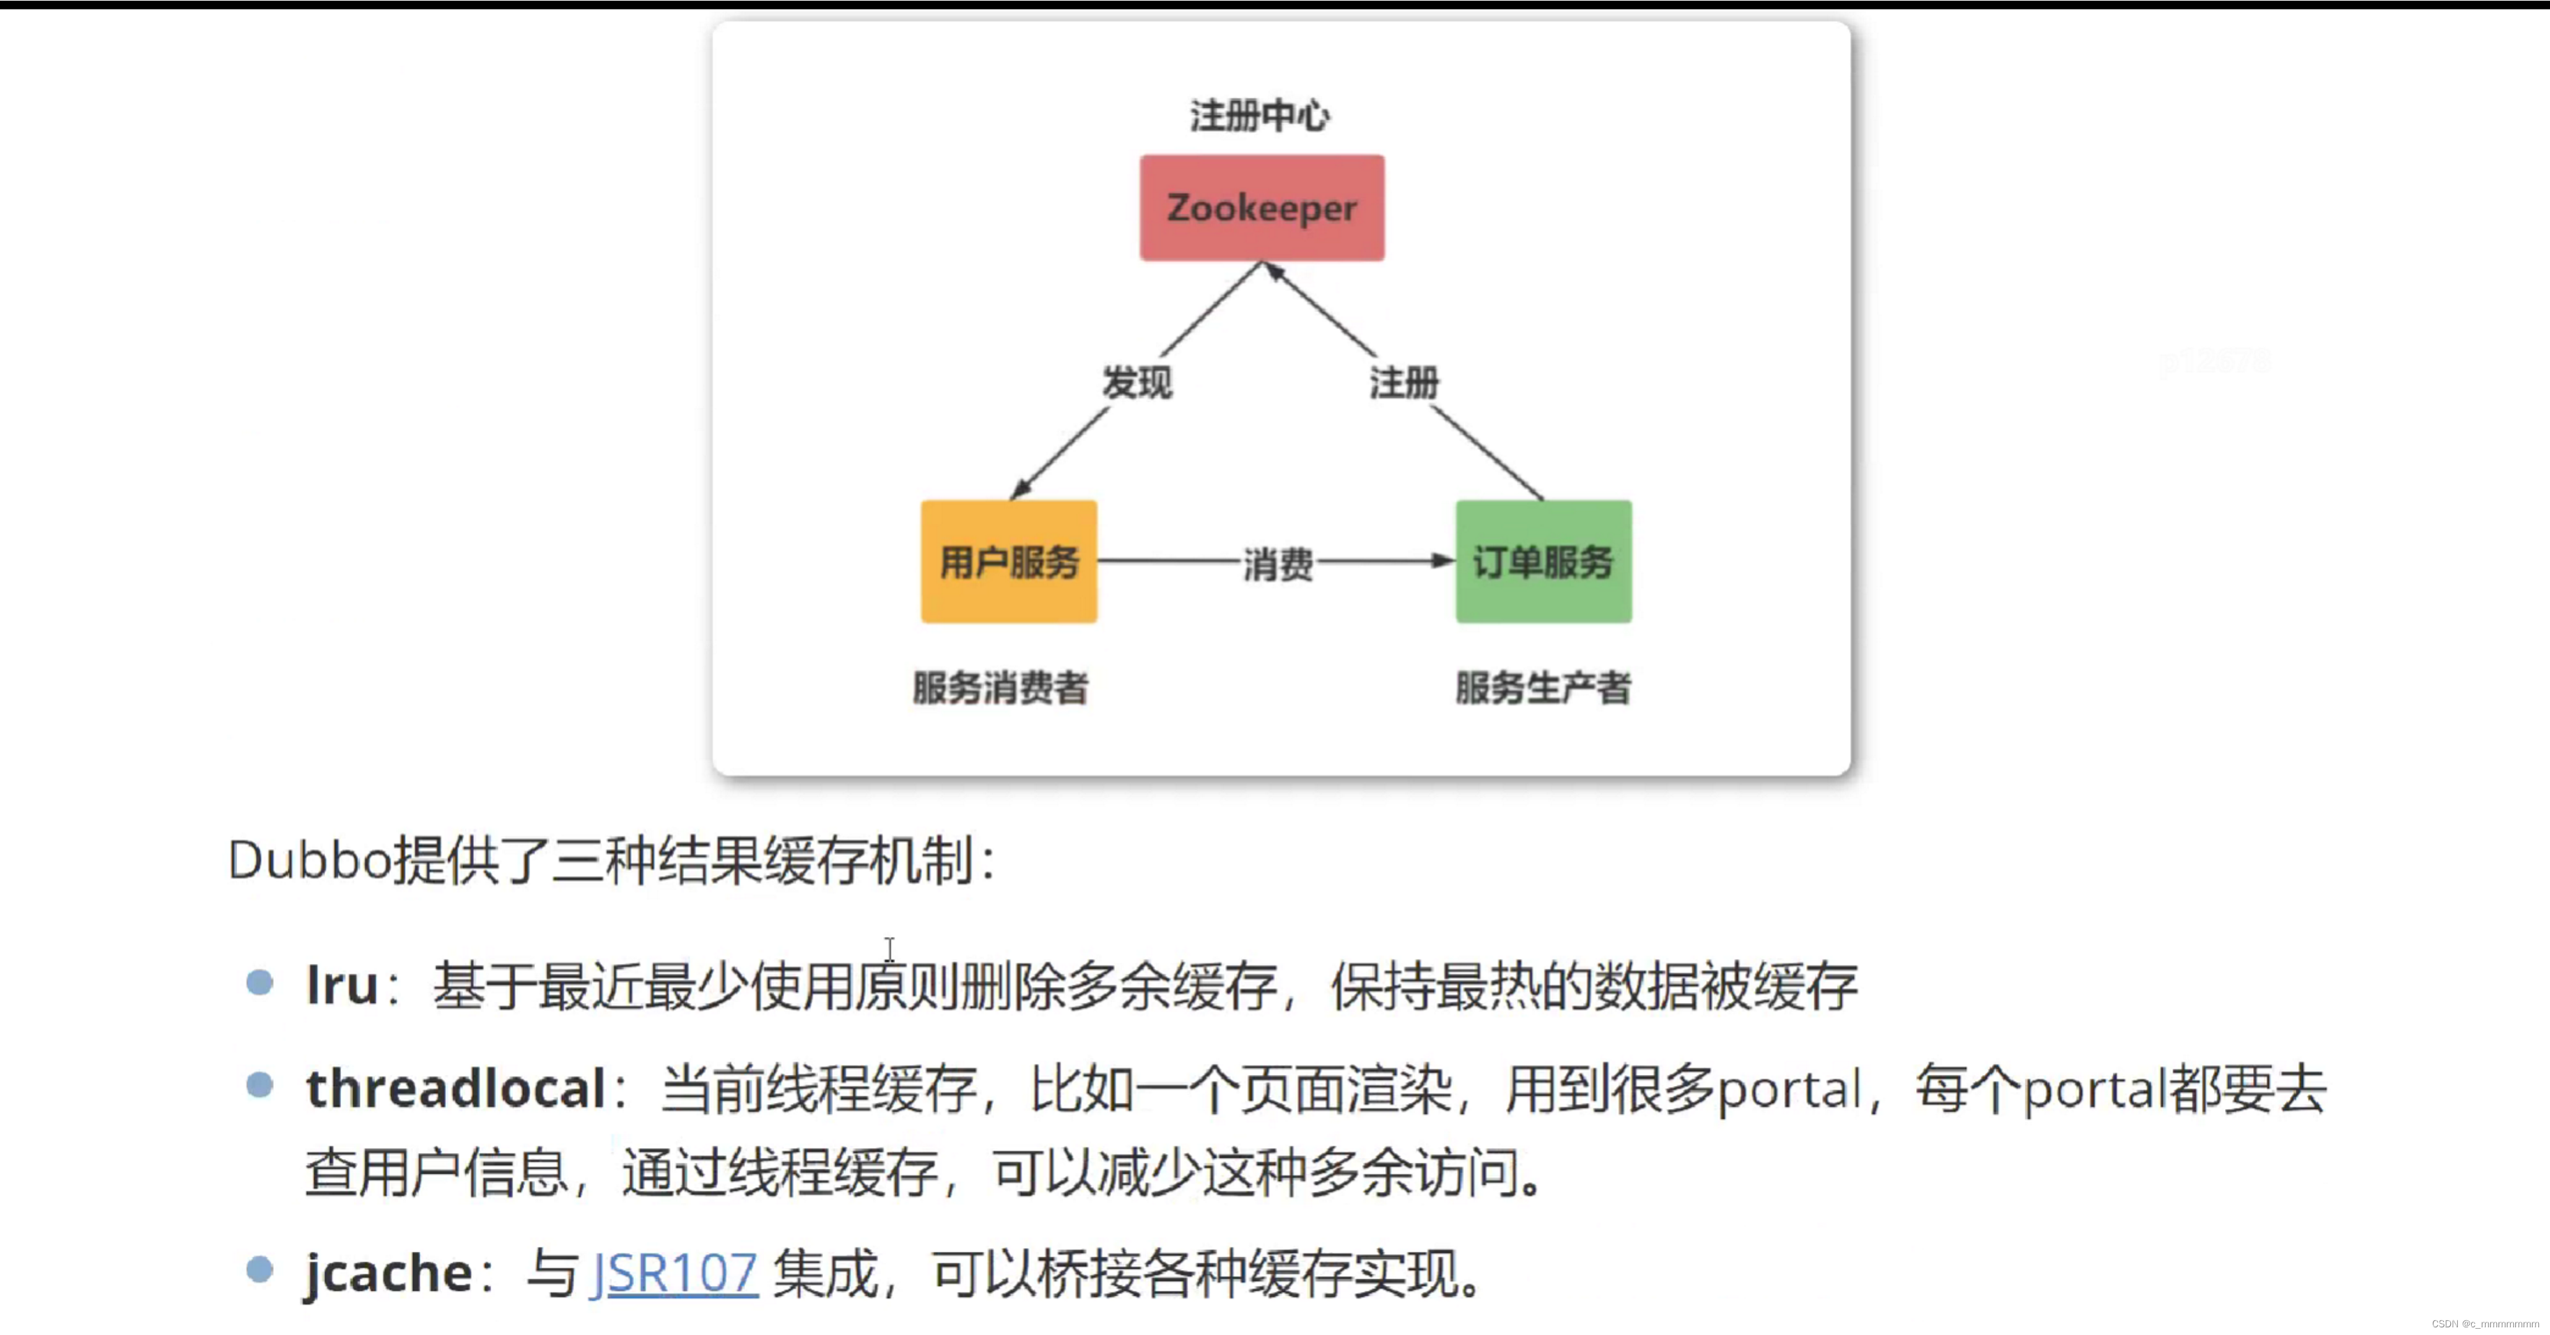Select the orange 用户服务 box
coord(1008,561)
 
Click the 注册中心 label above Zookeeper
coord(1259,116)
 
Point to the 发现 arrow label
coord(1136,382)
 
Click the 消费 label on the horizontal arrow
coord(1277,564)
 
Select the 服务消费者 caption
coord(999,687)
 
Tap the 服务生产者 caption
coord(1542,687)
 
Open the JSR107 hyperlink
coord(674,1274)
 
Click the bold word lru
coord(342,986)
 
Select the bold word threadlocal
coord(455,1090)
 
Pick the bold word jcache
coord(388,1274)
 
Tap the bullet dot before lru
coord(259,983)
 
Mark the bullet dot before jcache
coord(259,1269)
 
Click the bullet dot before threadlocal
coord(259,1085)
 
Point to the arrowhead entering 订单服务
coord(1443,561)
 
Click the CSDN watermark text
coord(2484,1324)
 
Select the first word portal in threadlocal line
coord(1788,1090)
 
